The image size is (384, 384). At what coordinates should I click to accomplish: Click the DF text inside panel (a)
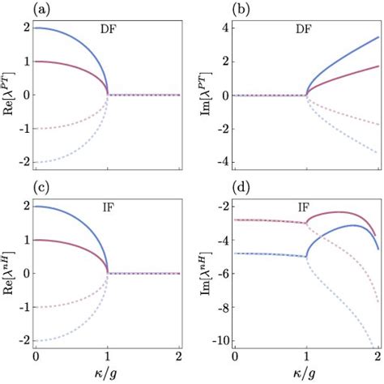pos(108,30)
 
